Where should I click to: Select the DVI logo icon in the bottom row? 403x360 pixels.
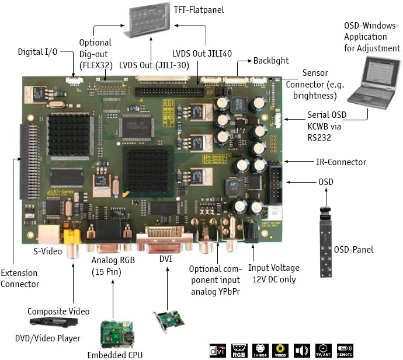(x=217, y=350)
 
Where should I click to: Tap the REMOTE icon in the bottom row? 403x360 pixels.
(x=345, y=350)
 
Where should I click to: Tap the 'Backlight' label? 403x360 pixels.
(x=270, y=61)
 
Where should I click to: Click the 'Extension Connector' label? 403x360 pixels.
(x=20, y=278)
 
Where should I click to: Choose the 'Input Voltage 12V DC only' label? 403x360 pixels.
(x=274, y=274)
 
